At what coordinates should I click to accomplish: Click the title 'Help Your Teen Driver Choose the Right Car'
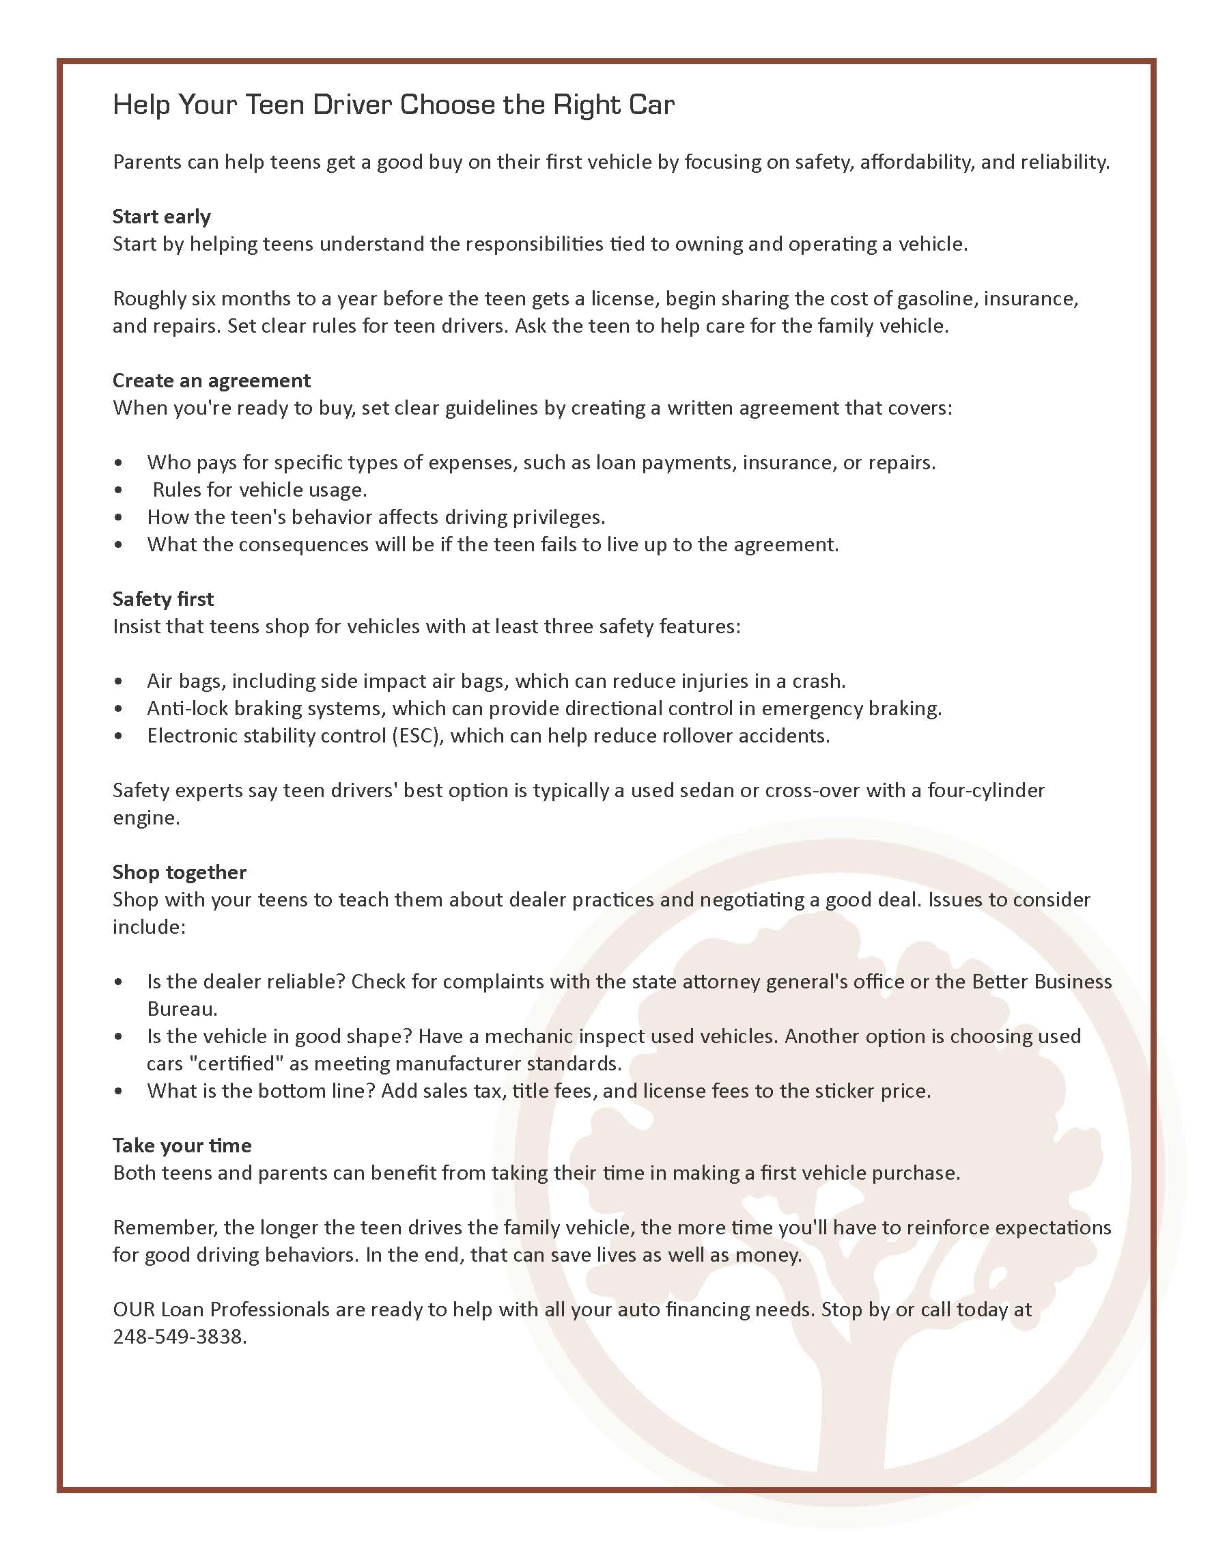pos(393,105)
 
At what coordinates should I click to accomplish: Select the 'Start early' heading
pos(161,217)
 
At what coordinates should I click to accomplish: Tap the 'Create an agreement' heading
pos(211,380)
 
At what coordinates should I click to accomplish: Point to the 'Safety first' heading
pos(163,599)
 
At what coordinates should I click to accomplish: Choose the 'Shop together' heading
pos(179,872)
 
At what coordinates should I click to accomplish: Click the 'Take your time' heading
pos(182,1146)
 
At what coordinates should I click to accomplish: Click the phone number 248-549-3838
pos(179,1337)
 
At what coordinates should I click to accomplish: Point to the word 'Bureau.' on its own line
pos(182,1009)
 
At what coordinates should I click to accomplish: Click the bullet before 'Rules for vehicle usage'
pos(118,490)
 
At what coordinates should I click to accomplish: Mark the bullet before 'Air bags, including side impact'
pos(118,682)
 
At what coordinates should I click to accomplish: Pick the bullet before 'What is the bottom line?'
pos(118,1092)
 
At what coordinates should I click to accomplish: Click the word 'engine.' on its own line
pos(147,818)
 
